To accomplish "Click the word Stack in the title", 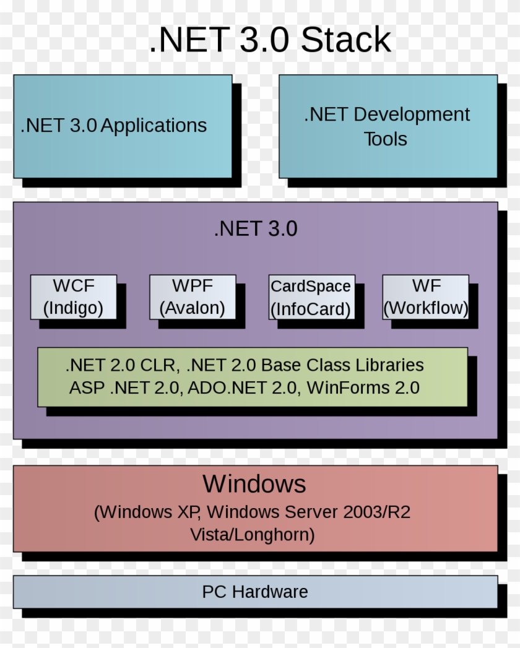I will point(345,41).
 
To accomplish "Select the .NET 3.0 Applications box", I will point(123,126).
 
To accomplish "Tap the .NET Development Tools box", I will point(388,126).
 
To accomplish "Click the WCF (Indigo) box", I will point(73,297).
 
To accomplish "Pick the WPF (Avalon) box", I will point(193,297).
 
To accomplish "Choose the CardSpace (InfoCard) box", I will point(311,297).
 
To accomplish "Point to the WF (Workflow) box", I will point(425,297).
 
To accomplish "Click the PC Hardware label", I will point(254,592).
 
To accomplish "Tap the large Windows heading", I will point(254,483).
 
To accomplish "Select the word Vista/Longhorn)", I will point(253,534).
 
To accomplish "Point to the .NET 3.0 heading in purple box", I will point(255,229).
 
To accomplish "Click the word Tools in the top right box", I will point(385,139).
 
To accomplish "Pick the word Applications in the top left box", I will point(154,126).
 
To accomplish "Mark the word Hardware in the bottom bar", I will point(270,592).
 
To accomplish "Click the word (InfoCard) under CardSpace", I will point(311,308).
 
